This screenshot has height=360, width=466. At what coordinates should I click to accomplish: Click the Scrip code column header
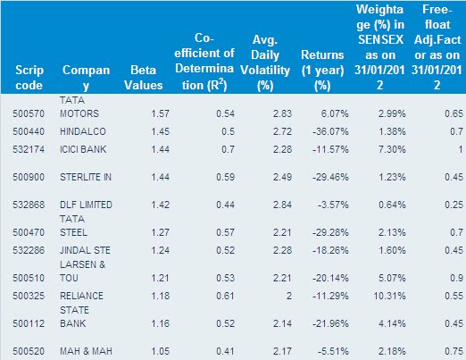pyautogui.click(x=29, y=78)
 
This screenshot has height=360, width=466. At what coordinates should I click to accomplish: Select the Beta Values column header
pyautogui.click(x=144, y=78)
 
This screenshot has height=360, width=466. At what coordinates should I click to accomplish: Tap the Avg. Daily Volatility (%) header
pyautogui.click(x=265, y=63)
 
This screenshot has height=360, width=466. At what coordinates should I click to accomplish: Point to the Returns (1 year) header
pyautogui.click(x=322, y=71)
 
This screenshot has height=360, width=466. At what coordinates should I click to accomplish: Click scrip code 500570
pyautogui.click(x=29, y=113)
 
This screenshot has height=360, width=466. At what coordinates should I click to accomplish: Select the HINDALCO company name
pyautogui.click(x=83, y=131)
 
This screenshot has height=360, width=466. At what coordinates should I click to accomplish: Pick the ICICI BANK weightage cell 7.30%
pyautogui.click(x=392, y=149)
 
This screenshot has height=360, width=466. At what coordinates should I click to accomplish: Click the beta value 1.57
pyautogui.click(x=160, y=113)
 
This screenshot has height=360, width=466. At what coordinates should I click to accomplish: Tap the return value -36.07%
pyautogui.click(x=330, y=131)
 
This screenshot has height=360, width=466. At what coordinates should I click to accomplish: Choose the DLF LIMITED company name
pyautogui.click(x=86, y=205)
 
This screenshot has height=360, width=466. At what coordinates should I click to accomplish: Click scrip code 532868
pyautogui.click(x=29, y=205)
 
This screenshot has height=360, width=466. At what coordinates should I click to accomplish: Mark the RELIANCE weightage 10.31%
pyautogui.click(x=389, y=296)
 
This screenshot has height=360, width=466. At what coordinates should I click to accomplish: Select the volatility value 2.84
pyautogui.click(x=282, y=205)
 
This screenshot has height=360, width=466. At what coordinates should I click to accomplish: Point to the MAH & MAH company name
pyautogui.click(x=86, y=351)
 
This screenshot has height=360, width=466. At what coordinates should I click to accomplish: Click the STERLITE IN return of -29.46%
pyautogui.click(x=330, y=177)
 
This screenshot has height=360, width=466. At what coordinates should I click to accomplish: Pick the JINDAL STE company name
pyautogui.click(x=85, y=250)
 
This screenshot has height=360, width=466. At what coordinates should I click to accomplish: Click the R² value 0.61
pyautogui.click(x=225, y=296)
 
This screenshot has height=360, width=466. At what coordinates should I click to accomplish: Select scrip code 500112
pyautogui.click(x=29, y=323)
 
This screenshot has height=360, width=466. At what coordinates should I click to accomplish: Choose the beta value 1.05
pyautogui.click(x=160, y=351)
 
